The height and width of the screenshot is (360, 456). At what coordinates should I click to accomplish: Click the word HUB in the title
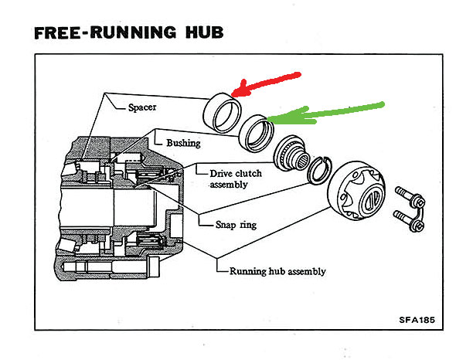pos(205,32)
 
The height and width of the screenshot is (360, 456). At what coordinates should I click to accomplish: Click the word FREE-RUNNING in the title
pos(105,32)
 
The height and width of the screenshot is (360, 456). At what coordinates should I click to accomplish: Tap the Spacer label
pos(142,107)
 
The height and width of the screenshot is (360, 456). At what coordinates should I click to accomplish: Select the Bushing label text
pos(183,143)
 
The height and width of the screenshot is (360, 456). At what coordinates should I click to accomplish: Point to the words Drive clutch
pos(236,174)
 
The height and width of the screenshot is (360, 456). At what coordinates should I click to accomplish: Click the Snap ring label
pos(237,225)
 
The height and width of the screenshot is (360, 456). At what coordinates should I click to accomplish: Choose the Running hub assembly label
pos(277,271)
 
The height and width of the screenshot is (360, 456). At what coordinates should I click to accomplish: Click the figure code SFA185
pos(417,320)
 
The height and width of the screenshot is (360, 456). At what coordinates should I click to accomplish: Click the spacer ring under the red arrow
pos(222,113)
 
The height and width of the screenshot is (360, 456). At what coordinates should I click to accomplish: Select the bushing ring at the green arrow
pos(256,133)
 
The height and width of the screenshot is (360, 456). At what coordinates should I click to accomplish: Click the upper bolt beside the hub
pos(410,196)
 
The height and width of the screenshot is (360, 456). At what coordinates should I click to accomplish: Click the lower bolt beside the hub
pos(408,221)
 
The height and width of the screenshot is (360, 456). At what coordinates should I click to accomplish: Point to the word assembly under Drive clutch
pos(229,185)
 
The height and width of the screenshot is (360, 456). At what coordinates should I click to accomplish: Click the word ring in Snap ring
pos(248,226)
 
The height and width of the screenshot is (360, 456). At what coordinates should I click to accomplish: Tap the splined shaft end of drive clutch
pos(302,161)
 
